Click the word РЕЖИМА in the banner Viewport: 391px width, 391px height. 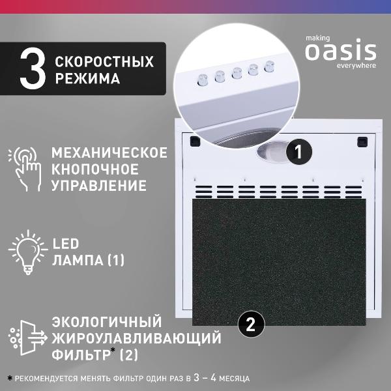[x=87, y=80]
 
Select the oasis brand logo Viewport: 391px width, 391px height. [x=340, y=51]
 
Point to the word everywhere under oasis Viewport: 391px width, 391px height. [x=356, y=65]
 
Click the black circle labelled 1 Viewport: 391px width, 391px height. [x=298, y=152]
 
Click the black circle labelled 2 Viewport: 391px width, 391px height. [x=252, y=321]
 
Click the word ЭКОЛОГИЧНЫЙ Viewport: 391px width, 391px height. [x=106, y=323]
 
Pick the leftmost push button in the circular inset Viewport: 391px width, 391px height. [x=202, y=80]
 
